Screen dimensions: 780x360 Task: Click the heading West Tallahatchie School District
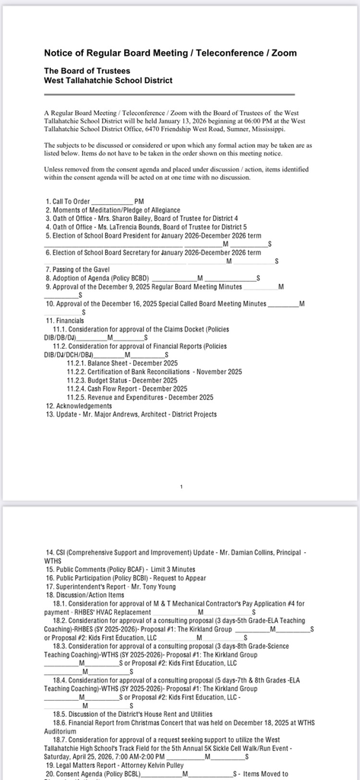point(108,80)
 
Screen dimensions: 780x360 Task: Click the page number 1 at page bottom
point(180,486)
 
